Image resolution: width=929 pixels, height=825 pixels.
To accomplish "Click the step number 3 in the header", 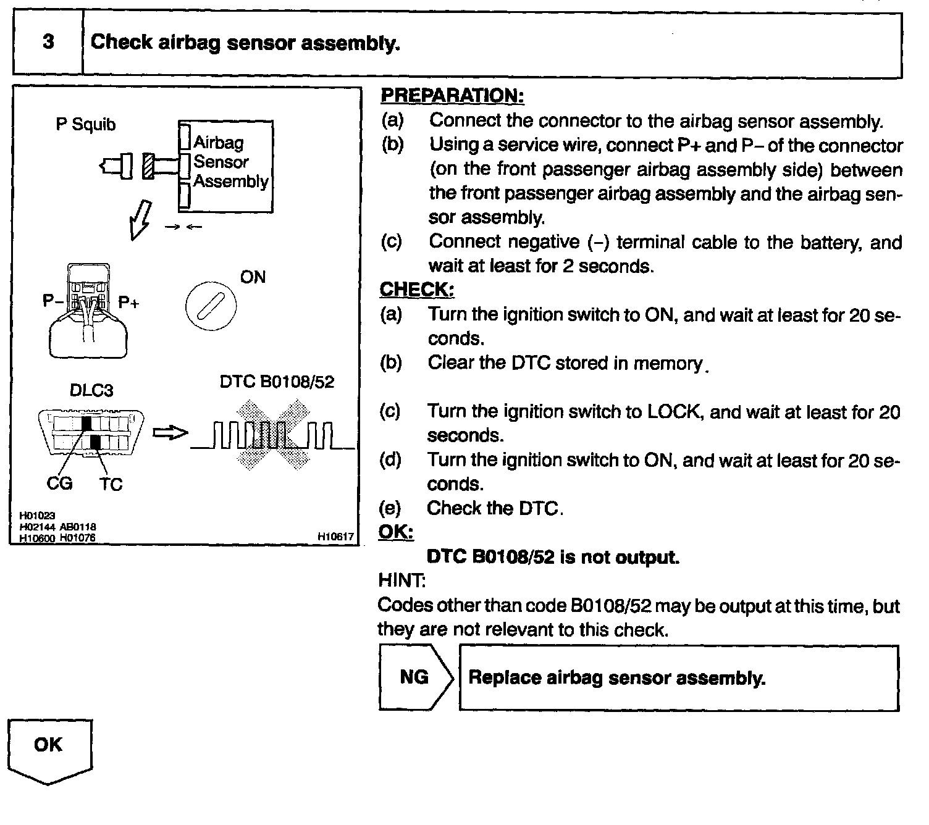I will [x=48, y=42].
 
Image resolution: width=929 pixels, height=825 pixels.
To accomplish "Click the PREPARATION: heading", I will [x=452, y=96].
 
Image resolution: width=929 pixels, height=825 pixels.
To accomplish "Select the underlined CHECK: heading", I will [x=417, y=290].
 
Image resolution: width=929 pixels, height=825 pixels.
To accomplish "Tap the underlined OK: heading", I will [x=395, y=532].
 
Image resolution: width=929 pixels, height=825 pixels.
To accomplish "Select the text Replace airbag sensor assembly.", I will [x=617, y=677].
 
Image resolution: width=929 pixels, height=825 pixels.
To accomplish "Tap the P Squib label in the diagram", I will [x=86, y=125].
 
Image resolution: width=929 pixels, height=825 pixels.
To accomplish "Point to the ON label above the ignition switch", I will [x=253, y=277].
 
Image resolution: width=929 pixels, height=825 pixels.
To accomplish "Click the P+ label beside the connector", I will [x=128, y=303].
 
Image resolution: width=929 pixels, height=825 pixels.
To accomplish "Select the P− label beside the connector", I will [x=53, y=301].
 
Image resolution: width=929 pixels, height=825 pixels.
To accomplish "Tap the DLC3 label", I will [x=91, y=390].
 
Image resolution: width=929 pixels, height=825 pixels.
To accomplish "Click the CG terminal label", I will [x=59, y=484].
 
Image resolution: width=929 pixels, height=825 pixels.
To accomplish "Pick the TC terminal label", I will [x=111, y=485].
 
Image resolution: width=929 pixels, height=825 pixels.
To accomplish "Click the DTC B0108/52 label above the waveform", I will [x=277, y=382].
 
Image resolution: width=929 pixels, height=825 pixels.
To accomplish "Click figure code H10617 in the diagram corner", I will [x=336, y=537].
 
